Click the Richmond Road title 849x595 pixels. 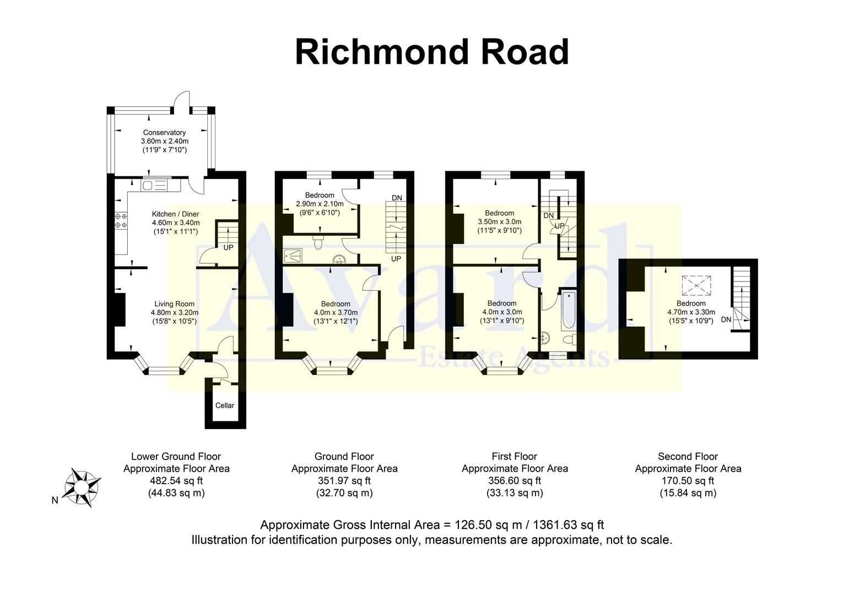click(x=431, y=52)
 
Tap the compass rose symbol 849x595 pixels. click(x=83, y=488)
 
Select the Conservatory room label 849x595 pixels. click(x=164, y=133)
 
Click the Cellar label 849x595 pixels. click(x=225, y=405)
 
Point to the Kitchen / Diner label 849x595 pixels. click(x=175, y=214)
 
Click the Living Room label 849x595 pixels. click(x=174, y=304)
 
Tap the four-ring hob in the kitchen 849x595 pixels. click(x=121, y=220)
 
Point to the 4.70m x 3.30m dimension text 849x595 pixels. click(x=691, y=312)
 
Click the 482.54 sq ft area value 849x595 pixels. click(x=176, y=480)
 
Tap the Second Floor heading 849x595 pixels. click(x=688, y=456)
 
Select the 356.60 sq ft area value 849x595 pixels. click(x=515, y=480)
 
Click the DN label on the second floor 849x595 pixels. click(x=726, y=320)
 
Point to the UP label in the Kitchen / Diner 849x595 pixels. click(x=228, y=247)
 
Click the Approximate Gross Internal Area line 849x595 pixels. click(x=432, y=524)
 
